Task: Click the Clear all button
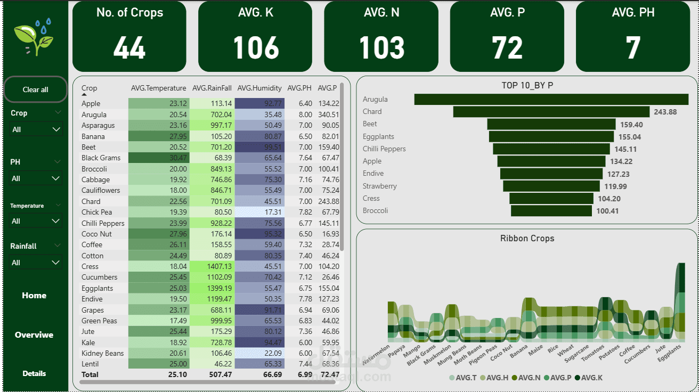pos(35,89)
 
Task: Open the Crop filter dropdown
pos(36,129)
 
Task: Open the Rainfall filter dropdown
pos(36,263)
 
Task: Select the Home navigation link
pos(34,296)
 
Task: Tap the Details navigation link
pos(34,373)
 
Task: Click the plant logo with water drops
pos(34,37)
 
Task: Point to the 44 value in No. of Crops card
pos(129,48)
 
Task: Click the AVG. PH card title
pos(633,12)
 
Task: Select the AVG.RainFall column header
pos(212,88)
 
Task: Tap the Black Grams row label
pos(101,158)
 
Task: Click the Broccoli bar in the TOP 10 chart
pos(551,211)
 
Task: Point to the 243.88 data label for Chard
pos(665,112)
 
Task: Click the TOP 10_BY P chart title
pos(527,85)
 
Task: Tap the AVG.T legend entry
pos(463,378)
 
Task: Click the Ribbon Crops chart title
pos(527,239)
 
